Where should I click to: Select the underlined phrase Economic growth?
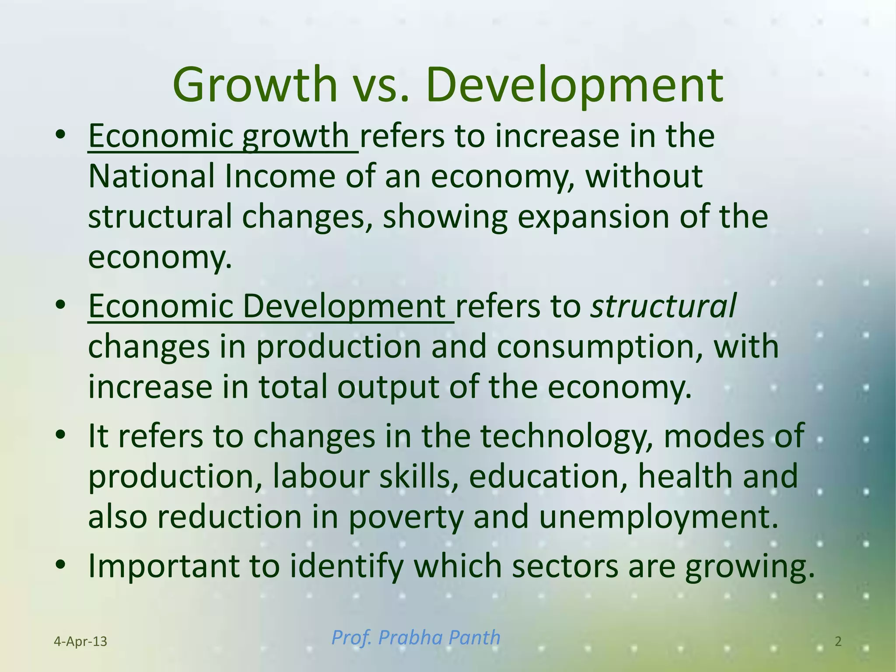pyautogui.click(x=222, y=136)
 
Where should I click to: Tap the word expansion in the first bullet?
pyautogui.click(x=593, y=217)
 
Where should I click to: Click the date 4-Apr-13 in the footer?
pyautogui.click(x=80, y=642)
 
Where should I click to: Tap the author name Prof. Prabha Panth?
pyautogui.click(x=416, y=638)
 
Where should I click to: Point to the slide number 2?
pyautogui.click(x=838, y=642)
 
